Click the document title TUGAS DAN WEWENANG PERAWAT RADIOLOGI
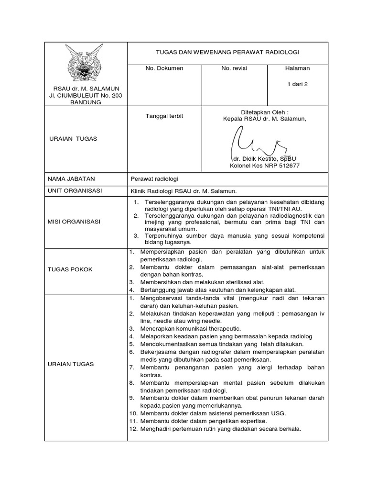click(x=227, y=52)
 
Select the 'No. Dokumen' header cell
click(x=164, y=68)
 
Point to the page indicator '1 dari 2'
click(x=297, y=84)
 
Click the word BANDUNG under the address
click(x=86, y=102)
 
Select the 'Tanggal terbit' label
click(x=164, y=116)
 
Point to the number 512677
click(x=289, y=166)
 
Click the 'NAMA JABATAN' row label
click(x=71, y=179)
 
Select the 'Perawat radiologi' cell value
click(x=154, y=179)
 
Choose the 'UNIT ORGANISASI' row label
click(x=75, y=190)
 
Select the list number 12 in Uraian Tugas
click(x=133, y=429)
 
